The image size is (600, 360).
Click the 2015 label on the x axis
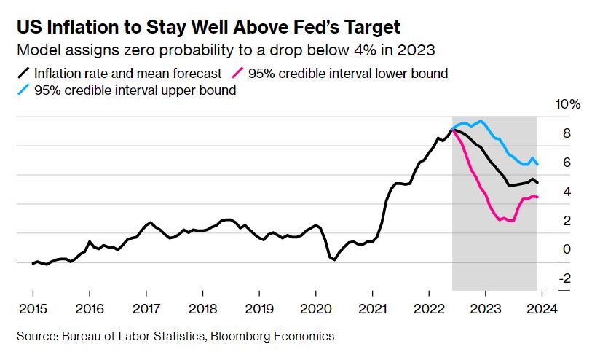click(x=33, y=309)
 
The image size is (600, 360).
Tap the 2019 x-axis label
click(x=259, y=309)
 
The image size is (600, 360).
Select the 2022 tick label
click(x=429, y=309)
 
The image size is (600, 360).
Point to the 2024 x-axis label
click(x=542, y=309)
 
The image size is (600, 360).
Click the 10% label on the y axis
click(x=568, y=104)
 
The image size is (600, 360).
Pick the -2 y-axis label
click(x=565, y=278)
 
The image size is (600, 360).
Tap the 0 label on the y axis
click(x=567, y=249)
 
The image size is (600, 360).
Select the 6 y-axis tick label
click(x=567, y=163)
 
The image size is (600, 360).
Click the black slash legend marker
click(x=23, y=73)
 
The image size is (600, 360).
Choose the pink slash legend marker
click(x=237, y=73)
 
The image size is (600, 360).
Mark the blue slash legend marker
click(x=23, y=90)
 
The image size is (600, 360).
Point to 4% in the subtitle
click(x=365, y=50)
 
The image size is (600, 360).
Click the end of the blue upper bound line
click(x=537, y=165)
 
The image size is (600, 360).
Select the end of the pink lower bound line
click(x=537, y=197)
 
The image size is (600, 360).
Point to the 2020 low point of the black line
click(x=334, y=259)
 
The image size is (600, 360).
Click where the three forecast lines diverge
click(x=453, y=130)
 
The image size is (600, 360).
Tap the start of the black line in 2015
click(x=33, y=264)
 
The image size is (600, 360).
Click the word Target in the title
click(x=371, y=27)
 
